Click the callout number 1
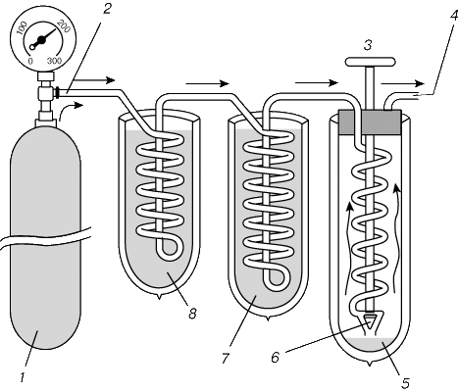pos(23,377)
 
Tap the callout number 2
pos(107,9)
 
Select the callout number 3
pos(368,45)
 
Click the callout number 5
pos(405,383)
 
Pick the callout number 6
pos(276,358)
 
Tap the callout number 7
pos(226,359)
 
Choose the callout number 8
pos(192,314)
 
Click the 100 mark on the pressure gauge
pos(22,28)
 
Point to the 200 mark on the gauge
pos(64,26)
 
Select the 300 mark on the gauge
pos(54,61)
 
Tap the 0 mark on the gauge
pos(30,61)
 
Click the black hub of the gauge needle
pos(41,40)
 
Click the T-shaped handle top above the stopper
pos(371,62)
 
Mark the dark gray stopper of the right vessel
pos(370,122)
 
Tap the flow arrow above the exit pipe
pos(402,84)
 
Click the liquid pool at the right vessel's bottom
pos(370,346)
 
